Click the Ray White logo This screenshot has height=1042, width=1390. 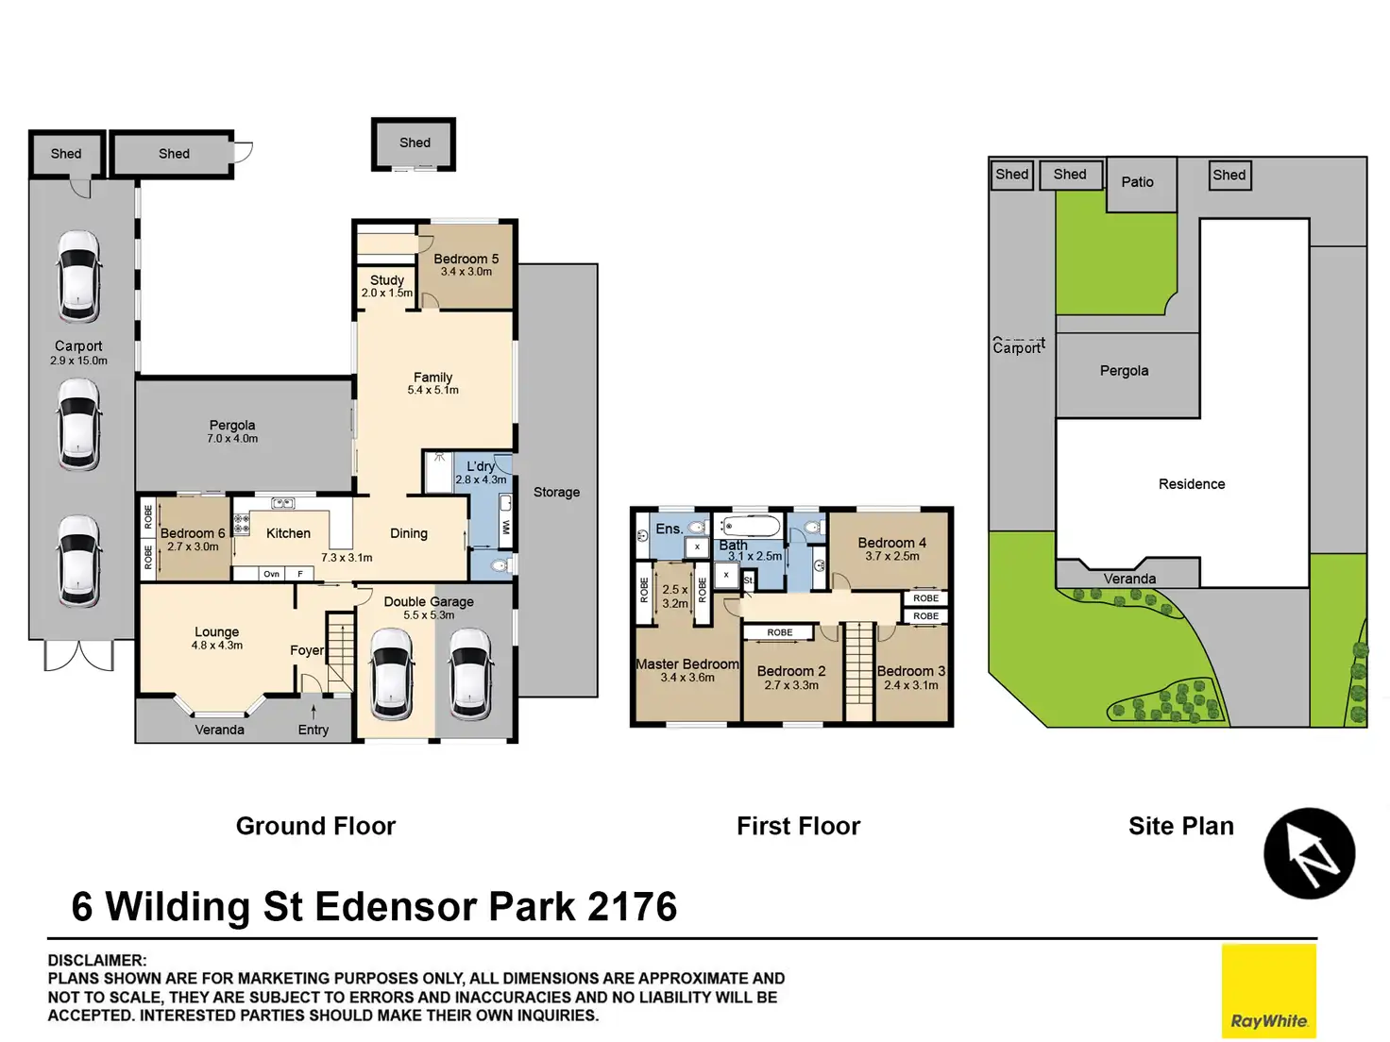tap(1268, 990)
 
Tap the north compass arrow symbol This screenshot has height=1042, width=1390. tap(1310, 853)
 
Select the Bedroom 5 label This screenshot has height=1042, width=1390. tap(466, 259)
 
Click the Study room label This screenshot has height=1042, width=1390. tap(387, 279)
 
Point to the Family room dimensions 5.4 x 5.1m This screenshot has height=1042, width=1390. tap(433, 391)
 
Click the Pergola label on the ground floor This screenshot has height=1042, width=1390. tap(232, 425)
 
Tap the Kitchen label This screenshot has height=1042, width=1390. tap(288, 533)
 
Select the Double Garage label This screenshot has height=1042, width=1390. tap(429, 601)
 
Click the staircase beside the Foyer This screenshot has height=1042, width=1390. tap(340, 653)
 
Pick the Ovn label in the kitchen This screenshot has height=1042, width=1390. tap(272, 574)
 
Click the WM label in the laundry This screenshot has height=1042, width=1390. tap(505, 527)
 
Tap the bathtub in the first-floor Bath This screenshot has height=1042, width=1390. tap(751, 526)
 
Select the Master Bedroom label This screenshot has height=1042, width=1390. tap(687, 664)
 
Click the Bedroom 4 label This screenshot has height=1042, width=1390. tap(891, 543)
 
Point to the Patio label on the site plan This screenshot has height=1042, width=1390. tap(1137, 182)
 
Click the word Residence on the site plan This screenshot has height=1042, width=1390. tap(1192, 484)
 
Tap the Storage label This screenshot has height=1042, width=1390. tap(556, 493)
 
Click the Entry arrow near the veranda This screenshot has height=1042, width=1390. tap(314, 713)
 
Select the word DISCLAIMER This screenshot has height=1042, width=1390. tap(97, 961)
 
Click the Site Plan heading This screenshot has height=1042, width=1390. tap(1181, 826)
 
